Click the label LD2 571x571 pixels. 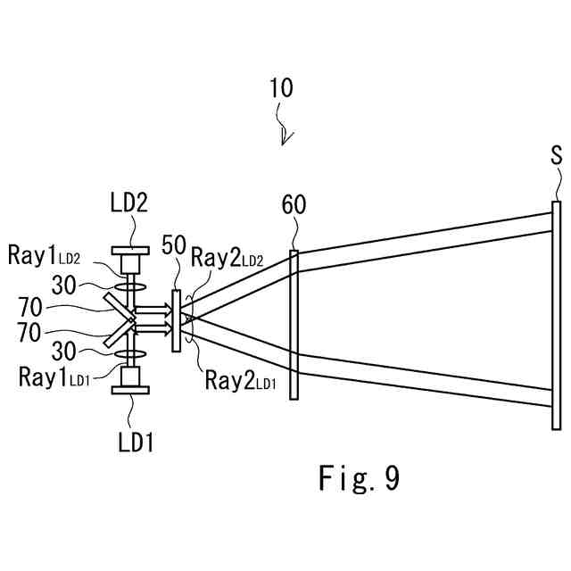point(129,203)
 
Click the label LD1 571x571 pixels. point(136,443)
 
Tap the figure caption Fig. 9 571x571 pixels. point(359,478)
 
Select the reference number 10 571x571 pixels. point(281,87)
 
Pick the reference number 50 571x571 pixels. point(174,245)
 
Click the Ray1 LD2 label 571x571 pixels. point(44,255)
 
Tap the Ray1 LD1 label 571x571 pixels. point(54,377)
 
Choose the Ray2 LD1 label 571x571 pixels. point(240,381)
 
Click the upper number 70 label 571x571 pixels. point(30,308)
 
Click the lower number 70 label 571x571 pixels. point(29,333)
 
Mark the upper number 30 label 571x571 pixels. point(64,285)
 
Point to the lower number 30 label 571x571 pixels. point(64,352)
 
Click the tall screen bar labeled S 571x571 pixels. point(556,315)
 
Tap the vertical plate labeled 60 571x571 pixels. point(294,325)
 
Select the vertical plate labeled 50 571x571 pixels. point(176,320)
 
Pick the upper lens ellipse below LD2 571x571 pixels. point(130,287)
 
